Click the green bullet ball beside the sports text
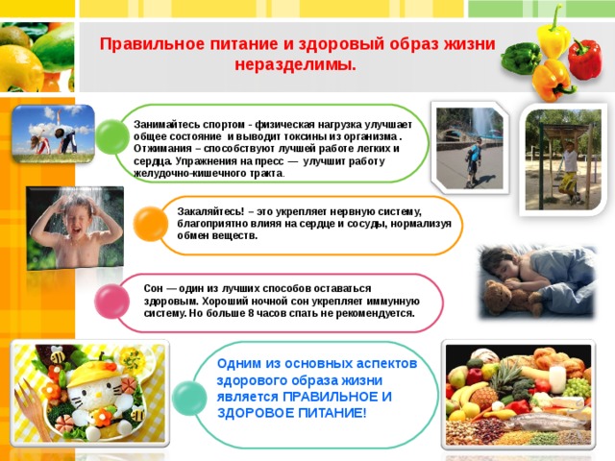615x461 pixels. click(112, 136)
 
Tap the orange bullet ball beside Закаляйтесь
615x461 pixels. click(151, 224)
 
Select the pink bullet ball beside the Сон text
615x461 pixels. click(112, 302)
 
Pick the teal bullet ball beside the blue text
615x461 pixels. click(189, 398)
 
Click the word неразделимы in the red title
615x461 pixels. click(295, 65)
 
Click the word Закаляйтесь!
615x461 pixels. click(210, 211)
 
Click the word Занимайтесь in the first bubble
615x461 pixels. click(167, 125)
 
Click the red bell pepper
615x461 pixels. click(584, 59)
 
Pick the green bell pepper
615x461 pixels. click(521, 58)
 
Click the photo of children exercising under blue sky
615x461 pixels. click(54, 134)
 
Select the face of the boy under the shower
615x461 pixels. click(79, 220)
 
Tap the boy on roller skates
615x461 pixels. click(474, 162)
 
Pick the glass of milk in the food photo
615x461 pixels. click(557, 379)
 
